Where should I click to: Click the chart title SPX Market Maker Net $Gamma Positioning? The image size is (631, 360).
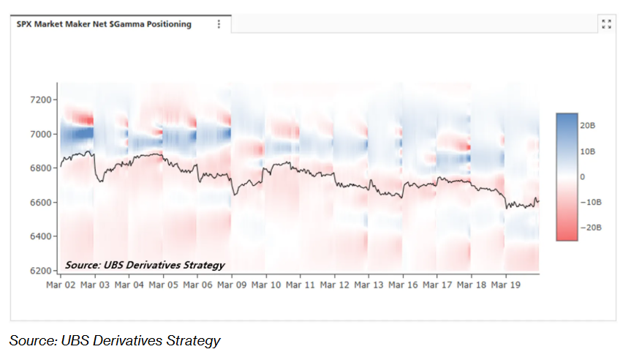104,24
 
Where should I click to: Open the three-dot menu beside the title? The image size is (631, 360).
219,24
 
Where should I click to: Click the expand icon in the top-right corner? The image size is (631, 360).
606,24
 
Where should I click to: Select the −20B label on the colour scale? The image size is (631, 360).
589,228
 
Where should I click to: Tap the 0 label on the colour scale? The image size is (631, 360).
582,177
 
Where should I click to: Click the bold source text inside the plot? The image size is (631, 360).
145,265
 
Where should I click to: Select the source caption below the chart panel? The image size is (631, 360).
115,340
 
